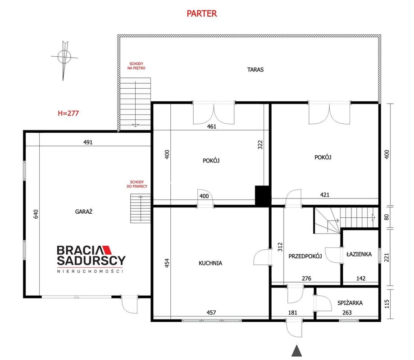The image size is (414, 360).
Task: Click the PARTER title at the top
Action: [x=202, y=13]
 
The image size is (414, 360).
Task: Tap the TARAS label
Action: [x=255, y=70]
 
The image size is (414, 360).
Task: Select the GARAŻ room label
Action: [x=84, y=211]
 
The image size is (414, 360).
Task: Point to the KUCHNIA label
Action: [x=210, y=263]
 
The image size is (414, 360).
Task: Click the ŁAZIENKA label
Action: [x=359, y=254]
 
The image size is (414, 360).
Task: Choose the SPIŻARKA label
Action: [x=350, y=302]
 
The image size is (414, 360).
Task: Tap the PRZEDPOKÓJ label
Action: [x=305, y=256]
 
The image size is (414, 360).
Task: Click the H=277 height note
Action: [x=68, y=113]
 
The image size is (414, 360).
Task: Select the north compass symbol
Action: [x=64, y=59]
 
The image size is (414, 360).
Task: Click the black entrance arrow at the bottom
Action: [x=296, y=351]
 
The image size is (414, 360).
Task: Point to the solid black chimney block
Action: [x=262, y=195]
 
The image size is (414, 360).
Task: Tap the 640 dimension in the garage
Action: [x=36, y=214]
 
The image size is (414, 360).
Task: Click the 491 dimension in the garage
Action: [x=88, y=142]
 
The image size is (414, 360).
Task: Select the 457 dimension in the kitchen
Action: [x=211, y=313]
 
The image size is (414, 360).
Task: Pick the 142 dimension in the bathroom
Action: [x=361, y=278]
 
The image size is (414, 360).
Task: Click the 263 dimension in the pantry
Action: [x=347, y=313]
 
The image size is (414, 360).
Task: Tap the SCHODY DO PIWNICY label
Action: [x=137, y=184]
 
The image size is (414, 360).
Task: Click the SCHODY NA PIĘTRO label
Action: [x=136, y=66]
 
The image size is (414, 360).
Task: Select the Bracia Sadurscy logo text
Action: [x=91, y=255]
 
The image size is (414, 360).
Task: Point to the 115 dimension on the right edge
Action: [x=387, y=304]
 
